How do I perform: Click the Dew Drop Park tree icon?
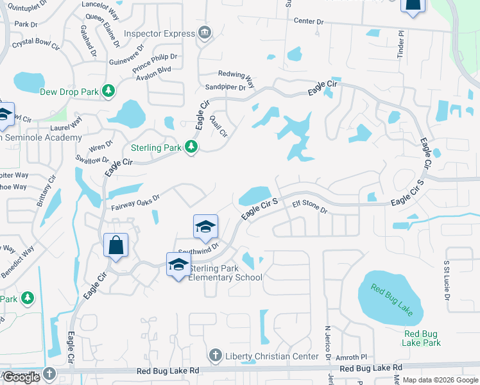click(x=109, y=92)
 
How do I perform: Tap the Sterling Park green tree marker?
click(x=191, y=148)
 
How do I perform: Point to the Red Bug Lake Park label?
click(x=422, y=338)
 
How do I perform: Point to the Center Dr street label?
click(x=309, y=21)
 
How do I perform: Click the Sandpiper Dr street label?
click(x=225, y=87)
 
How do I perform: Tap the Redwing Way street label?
click(x=237, y=74)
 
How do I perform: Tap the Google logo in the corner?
click(x=21, y=377)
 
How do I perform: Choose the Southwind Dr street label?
click(x=198, y=246)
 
